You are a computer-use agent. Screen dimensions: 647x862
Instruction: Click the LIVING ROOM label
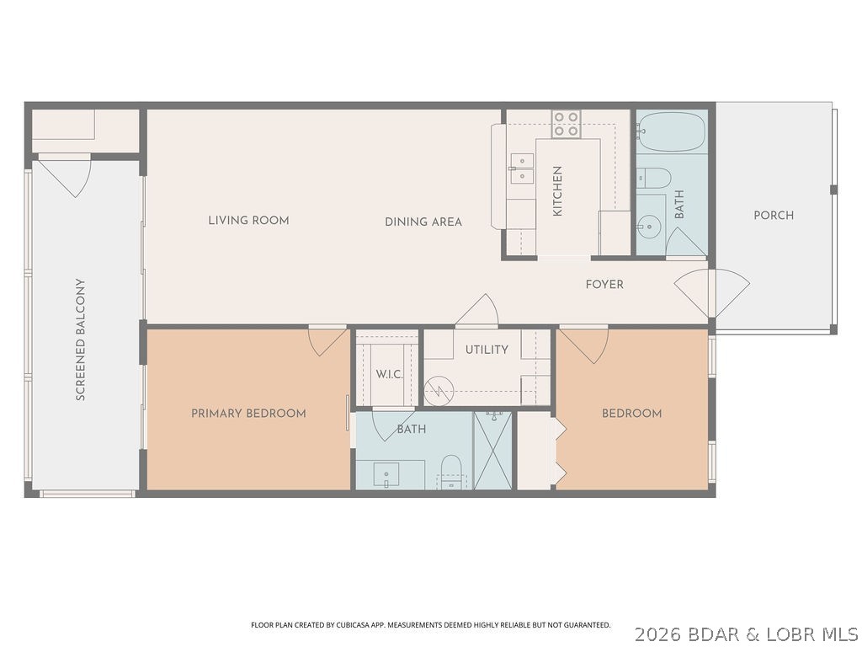pyautogui.click(x=248, y=221)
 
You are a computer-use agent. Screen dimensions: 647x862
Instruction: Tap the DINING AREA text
pyautogui.click(x=423, y=222)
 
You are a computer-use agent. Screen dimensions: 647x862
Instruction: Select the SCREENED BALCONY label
pyautogui.click(x=81, y=340)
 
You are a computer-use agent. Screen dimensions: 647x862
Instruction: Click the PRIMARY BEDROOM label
pyautogui.click(x=248, y=414)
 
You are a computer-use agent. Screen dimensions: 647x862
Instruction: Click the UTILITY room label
pyautogui.click(x=487, y=350)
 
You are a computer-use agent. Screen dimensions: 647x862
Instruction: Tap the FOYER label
pyautogui.click(x=604, y=285)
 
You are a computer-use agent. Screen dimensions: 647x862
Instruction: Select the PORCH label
pyautogui.click(x=773, y=216)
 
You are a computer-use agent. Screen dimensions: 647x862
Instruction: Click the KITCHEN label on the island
pyautogui.click(x=557, y=191)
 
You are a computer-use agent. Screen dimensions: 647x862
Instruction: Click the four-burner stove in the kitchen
pyautogui.click(x=566, y=124)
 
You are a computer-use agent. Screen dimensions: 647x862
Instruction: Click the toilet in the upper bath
pyautogui.click(x=653, y=178)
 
